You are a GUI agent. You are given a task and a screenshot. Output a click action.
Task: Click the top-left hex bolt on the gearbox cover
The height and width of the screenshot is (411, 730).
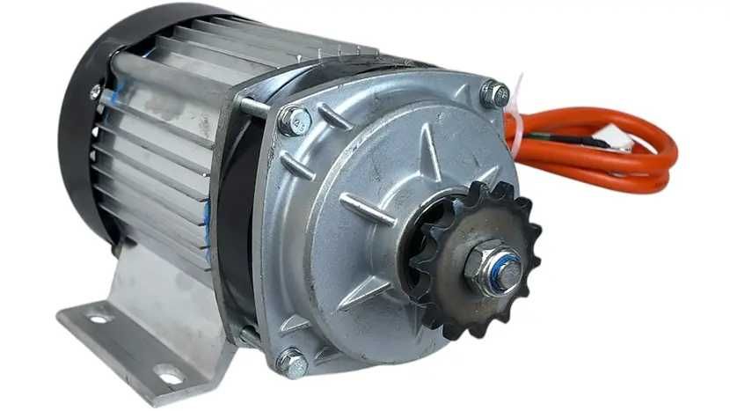[x=294, y=120]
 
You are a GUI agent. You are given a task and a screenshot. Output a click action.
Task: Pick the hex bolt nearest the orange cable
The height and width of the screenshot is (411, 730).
[x=495, y=92]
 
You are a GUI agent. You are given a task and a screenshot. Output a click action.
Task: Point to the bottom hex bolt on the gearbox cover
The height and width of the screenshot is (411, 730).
[x=292, y=362]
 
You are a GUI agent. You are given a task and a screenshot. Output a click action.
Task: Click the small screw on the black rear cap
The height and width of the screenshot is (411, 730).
[x=94, y=91]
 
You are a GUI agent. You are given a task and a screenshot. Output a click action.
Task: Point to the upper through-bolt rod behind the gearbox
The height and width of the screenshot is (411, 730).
[x=253, y=107]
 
